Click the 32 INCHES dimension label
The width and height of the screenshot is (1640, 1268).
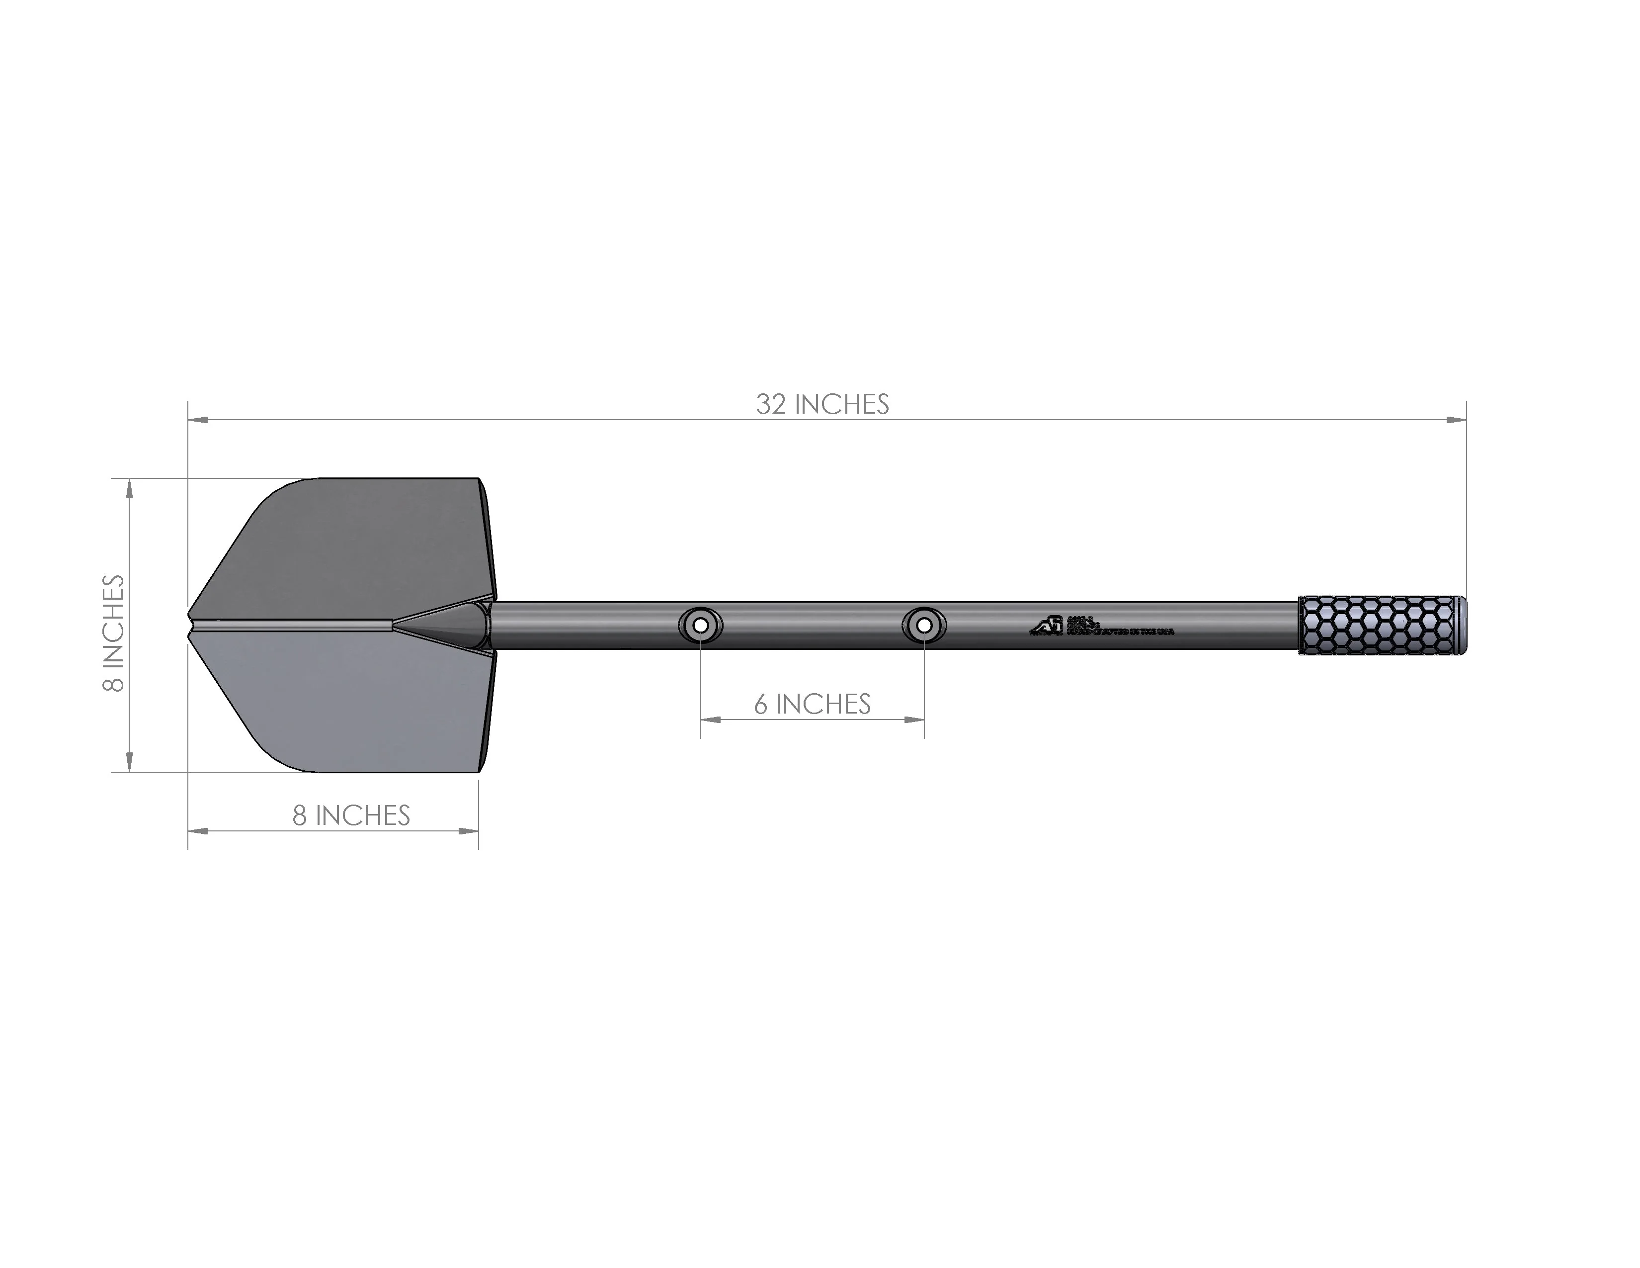pyautogui.click(x=822, y=404)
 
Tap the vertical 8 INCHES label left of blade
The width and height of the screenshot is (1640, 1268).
pyautogui.click(x=113, y=633)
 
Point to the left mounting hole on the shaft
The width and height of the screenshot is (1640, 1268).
pyautogui.click(x=701, y=625)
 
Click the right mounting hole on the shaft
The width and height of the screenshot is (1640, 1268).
pyautogui.click(x=924, y=625)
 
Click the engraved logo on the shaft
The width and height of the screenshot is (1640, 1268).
pyautogui.click(x=1047, y=626)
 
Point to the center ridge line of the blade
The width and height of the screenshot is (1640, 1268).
pyautogui.click(x=293, y=624)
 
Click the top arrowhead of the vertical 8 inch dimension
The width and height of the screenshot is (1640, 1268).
pyautogui.click(x=129, y=489)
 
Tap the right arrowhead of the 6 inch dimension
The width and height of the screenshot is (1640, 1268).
pyautogui.click(x=914, y=720)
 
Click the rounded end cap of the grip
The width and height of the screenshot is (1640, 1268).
pyautogui.click(x=1461, y=625)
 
